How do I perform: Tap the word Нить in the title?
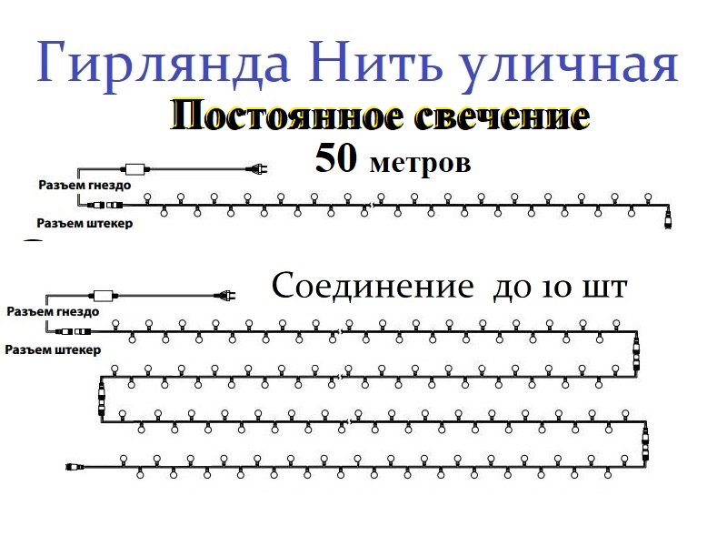tap(387, 62)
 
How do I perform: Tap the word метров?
tap(420, 163)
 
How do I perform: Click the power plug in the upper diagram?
tap(256, 168)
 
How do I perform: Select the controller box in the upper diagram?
tap(138, 169)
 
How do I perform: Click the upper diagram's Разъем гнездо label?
tap(85, 185)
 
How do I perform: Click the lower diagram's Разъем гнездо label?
tap(52, 311)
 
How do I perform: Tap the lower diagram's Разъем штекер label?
tap(52, 349)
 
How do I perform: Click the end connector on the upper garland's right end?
tap(670, 219)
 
